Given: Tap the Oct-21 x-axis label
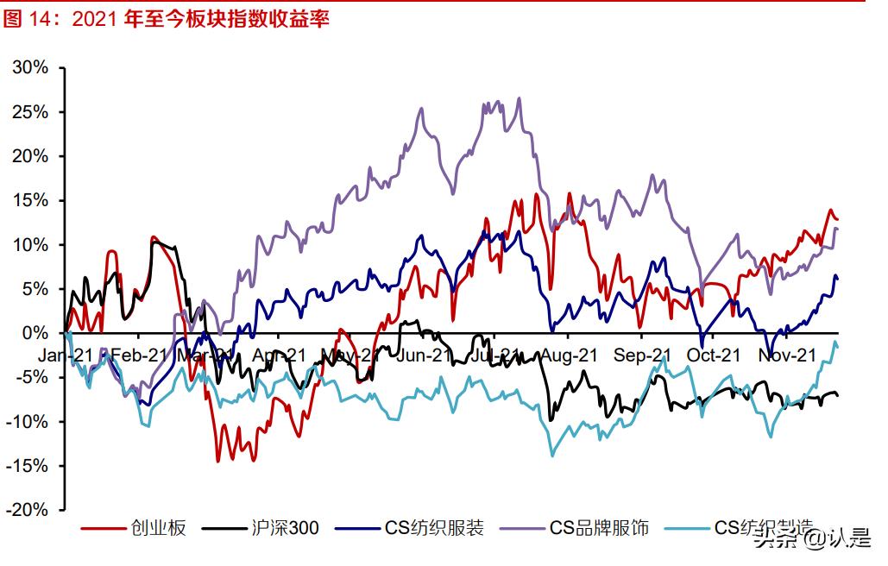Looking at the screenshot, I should point(714,355).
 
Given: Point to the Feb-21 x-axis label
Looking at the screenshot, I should point(138,355).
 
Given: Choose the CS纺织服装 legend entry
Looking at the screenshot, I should point(434,527).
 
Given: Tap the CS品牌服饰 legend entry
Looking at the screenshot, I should point(599,527).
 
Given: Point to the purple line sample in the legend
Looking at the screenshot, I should point(521,527).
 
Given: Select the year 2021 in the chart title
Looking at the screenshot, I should point(95,19).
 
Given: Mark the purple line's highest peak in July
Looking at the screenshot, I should point(519,98).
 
